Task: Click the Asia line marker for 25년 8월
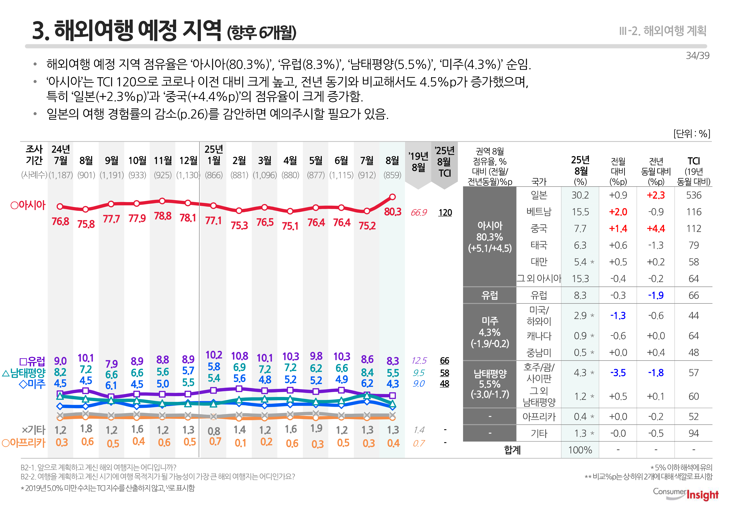point(392,197)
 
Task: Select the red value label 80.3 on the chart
point(393,212)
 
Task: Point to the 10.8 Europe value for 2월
point(239,356)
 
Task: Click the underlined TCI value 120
point(445,213)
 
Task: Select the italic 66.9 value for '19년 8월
point(419,213)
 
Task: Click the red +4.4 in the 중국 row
point(656,229)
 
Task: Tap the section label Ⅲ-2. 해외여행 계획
point(663,31)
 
